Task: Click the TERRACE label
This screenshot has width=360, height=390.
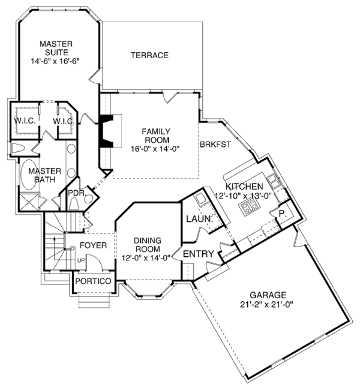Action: coord(149,55)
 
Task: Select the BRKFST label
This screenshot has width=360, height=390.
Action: coord(215,144)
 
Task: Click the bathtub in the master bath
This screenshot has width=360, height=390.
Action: coord(29,175)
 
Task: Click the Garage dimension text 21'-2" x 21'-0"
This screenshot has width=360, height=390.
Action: coord(266,304)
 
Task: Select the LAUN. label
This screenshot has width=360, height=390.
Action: coord(200,219)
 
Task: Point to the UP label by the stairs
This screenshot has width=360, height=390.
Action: coord(81,260)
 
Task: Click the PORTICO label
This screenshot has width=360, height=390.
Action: coord(93,281)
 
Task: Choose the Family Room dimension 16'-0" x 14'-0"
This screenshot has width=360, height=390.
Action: coord(155,148)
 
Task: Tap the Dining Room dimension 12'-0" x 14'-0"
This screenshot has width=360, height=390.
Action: coord(146,257)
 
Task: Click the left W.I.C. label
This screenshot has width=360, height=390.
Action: coord(25,121)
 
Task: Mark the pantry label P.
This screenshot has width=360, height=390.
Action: coord(282,214)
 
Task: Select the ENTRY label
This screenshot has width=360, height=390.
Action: coord(199,254)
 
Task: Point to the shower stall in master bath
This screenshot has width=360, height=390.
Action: coord(29,202)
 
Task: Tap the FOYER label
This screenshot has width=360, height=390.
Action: coord(93,245)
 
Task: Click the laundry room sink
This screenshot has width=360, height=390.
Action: coord(200,199)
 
